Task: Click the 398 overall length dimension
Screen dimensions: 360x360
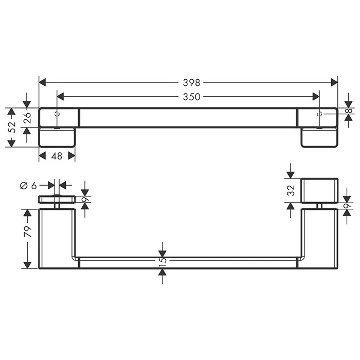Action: click(191, 82)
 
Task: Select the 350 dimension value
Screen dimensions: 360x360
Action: click(191, 97)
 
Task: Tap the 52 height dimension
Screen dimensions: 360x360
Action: click(12, 127)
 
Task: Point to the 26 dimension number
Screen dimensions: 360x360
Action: click(27, 118)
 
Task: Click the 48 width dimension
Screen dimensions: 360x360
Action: click(57, 156)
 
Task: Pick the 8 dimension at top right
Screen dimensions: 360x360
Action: click(349, 111)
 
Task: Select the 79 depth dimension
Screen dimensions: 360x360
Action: click(28, 231)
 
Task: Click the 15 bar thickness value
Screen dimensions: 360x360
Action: click(163, 261)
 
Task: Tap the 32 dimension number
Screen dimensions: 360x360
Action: click(291, 190)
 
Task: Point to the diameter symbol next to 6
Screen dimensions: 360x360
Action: click(24, 186)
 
